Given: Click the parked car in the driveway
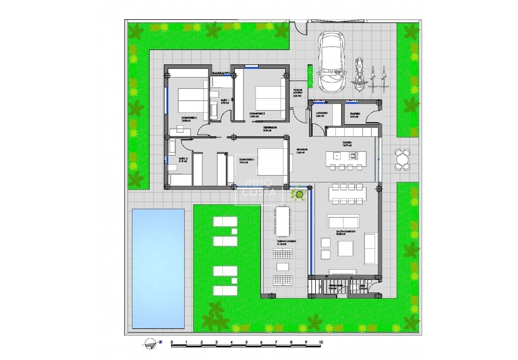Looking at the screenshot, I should pos(331,61).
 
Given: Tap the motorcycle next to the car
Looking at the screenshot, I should pos(358,74).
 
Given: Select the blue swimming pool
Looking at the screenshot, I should pos(158,268).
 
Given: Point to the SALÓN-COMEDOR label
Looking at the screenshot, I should pos(345,232).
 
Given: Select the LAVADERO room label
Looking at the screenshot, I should pos(321,114).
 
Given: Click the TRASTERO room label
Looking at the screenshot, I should pos(355,114).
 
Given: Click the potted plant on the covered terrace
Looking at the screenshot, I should pos(300,194).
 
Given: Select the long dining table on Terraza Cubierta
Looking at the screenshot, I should pos(282,219).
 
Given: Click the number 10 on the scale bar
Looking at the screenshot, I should pos(320,343).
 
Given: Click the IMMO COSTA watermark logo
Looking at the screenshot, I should pos(259,187).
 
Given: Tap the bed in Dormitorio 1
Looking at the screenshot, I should pos(272,162).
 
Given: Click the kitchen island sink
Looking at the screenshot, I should pos(336,156).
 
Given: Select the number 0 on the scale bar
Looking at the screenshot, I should pos(172,343).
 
